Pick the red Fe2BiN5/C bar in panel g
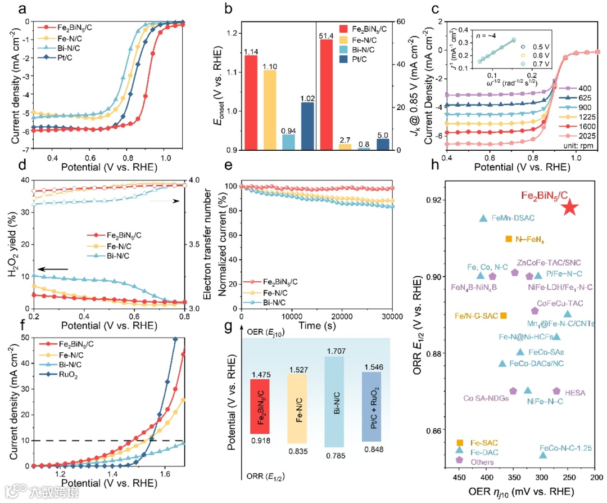coord(260,405)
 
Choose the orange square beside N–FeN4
coord(508,239)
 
